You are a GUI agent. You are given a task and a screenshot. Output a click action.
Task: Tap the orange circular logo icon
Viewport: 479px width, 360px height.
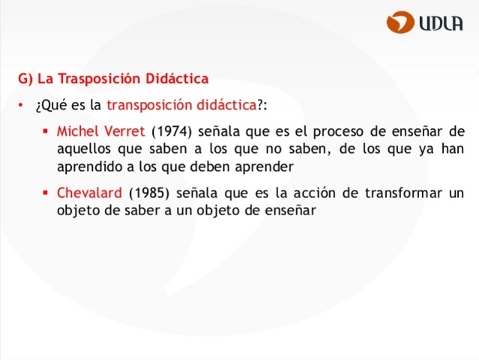pos(401,22)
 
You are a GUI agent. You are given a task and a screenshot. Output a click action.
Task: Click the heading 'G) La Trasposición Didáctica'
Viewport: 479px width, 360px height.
pos(113,78)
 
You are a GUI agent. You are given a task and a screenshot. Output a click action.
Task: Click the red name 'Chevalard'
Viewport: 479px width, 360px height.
pos(89,193)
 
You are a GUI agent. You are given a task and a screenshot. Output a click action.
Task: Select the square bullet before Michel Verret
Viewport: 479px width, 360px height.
pos(46,130)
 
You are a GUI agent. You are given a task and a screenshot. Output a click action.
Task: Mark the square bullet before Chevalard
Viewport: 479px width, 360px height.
pos(46,193)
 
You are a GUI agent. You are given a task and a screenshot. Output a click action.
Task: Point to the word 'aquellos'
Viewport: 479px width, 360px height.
pos(82,148)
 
